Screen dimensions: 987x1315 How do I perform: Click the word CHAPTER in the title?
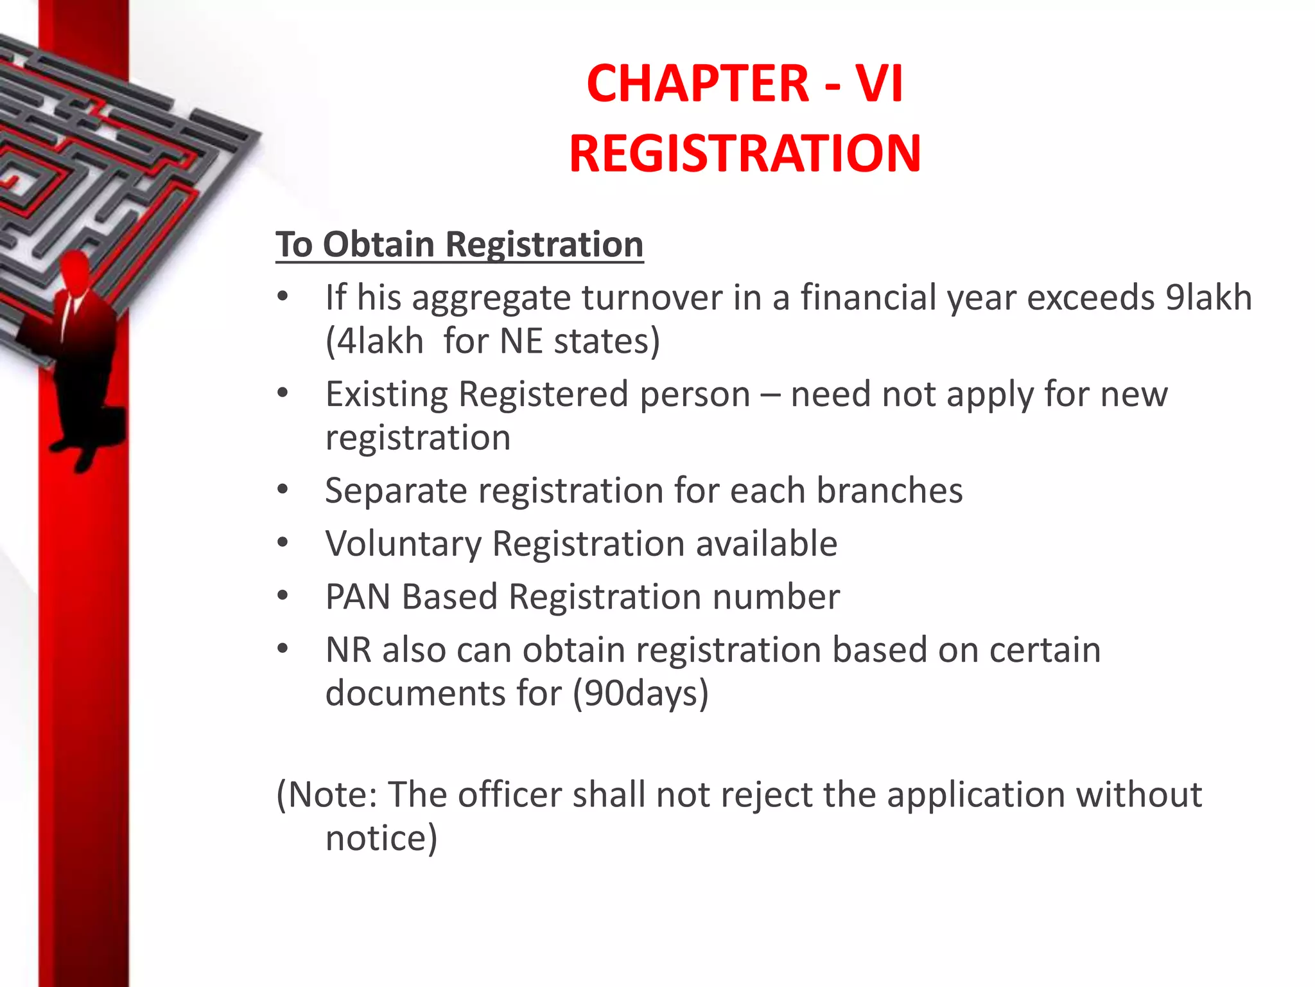click(x=698, y=84)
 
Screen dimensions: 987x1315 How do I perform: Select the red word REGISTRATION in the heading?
click(x=745, y=154)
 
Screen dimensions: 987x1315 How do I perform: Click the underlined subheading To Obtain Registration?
click(x=459, y=245)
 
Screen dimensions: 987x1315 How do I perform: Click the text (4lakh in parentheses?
click(x=374, y=341)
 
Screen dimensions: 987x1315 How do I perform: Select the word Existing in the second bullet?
click(x=386, y=394)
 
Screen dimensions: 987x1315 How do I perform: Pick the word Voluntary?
click(x=403, y=544)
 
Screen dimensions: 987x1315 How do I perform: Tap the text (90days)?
click(x=640, y=694)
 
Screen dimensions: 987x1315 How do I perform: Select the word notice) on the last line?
click(x=381, y=838)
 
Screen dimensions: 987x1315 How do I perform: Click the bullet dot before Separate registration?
click(x=283, y=491)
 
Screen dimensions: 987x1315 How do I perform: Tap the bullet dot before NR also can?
click(x=283, y=650)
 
